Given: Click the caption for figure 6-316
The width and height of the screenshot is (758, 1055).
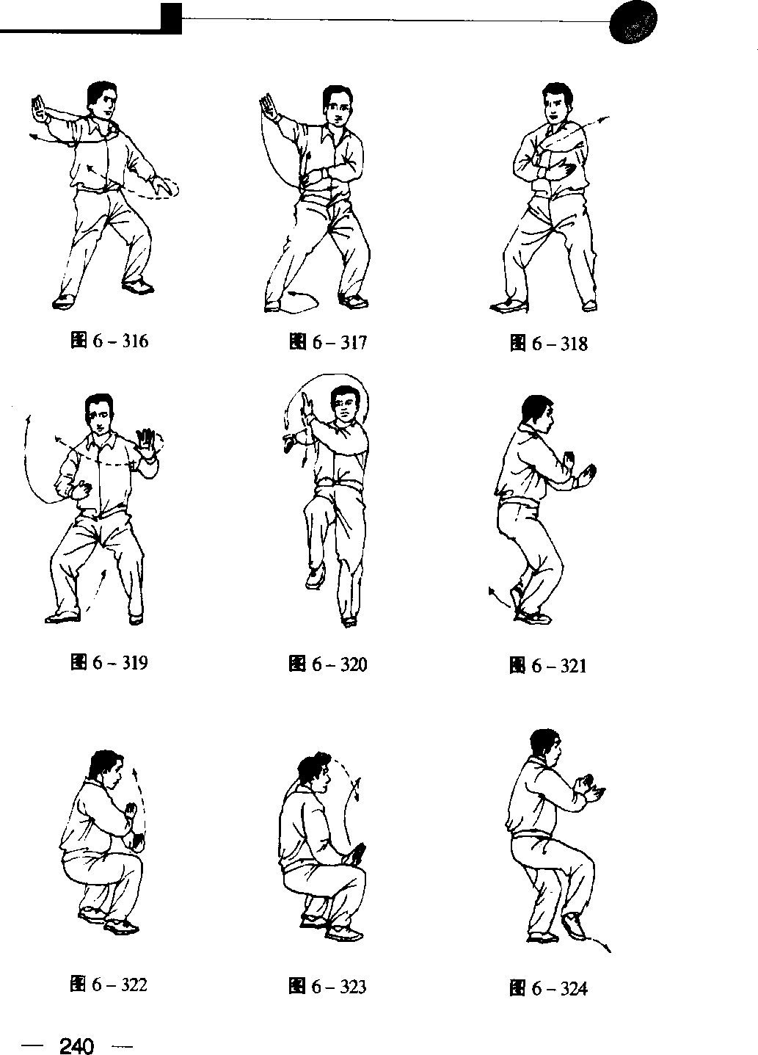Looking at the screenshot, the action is pos(109,341).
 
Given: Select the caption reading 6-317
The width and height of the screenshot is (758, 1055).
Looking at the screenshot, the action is pos(328,342).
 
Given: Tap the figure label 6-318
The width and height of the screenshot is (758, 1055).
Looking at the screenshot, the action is pos(548,344).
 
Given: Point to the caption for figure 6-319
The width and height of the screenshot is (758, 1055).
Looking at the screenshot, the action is pos(109,662).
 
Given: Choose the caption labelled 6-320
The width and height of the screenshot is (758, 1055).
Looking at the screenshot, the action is pos(328,664).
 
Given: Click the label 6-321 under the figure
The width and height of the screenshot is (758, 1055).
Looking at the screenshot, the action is pos(548,666).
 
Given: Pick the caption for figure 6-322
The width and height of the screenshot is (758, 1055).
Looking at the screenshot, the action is pos(109,985).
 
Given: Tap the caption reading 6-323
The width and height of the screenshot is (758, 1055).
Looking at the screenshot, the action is pos(328,986).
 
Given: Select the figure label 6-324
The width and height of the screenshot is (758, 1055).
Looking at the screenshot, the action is pos(548,988).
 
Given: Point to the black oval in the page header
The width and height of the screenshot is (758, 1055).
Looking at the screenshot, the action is pos(633,22).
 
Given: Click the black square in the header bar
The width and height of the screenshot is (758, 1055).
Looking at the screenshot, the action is pos(171,18).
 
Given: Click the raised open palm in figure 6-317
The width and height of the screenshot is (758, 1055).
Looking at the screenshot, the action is pos(269,106).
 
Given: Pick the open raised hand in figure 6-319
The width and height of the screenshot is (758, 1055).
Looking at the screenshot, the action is pos(147,443).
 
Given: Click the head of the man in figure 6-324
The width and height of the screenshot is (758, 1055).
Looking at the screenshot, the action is pos(546,749).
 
